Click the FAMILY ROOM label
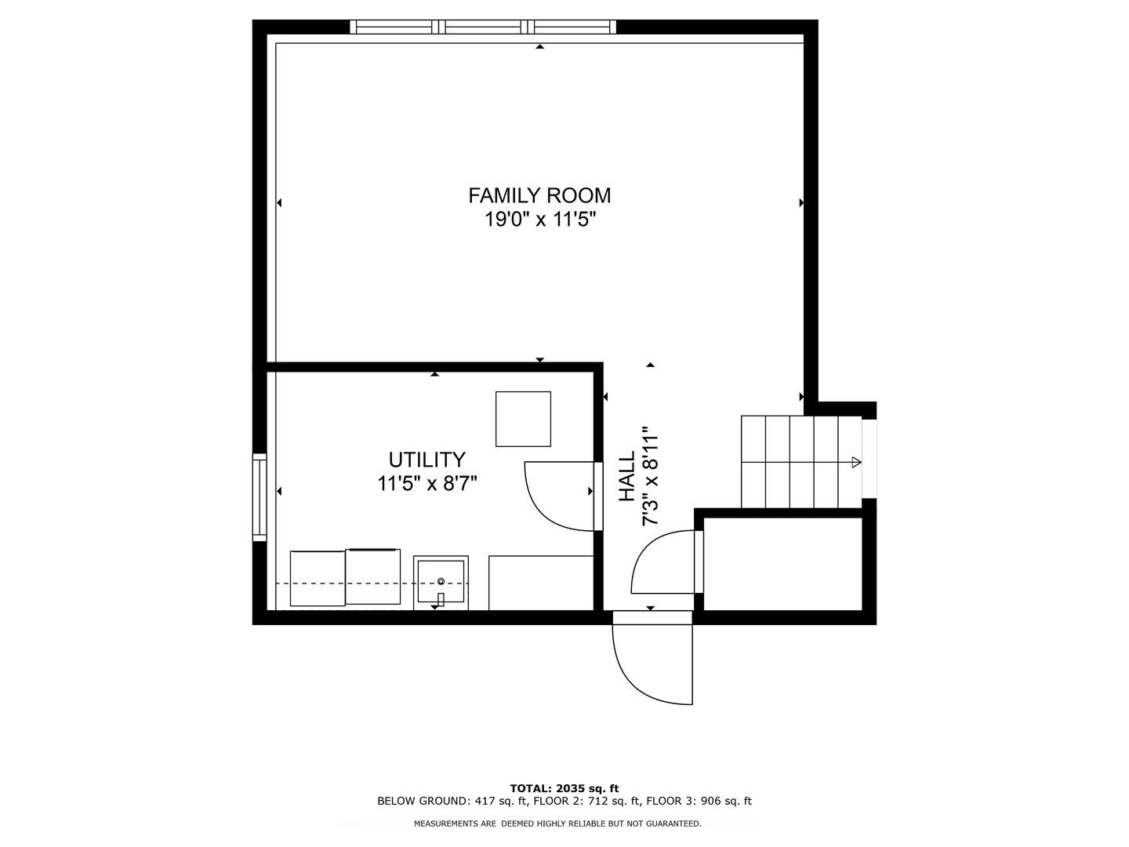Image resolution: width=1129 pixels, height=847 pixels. coord(539,195)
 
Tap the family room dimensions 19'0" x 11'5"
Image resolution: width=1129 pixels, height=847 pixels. coord(539,220)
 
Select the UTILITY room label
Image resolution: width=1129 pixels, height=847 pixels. coord(427,460)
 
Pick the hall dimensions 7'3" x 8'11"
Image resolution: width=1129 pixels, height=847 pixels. coord(650,477)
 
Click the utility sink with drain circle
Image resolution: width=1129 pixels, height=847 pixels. coord(441,582)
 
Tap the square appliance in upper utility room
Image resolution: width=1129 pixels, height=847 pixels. coord(523,419)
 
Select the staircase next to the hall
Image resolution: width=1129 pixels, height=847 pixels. coord(800,462)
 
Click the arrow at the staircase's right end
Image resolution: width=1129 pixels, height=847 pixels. coord(856,462)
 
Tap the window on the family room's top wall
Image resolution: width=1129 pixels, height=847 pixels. coord(483,27)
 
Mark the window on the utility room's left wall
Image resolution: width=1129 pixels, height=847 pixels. coord(260,496)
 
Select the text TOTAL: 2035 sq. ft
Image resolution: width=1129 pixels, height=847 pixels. coord(564,788)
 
